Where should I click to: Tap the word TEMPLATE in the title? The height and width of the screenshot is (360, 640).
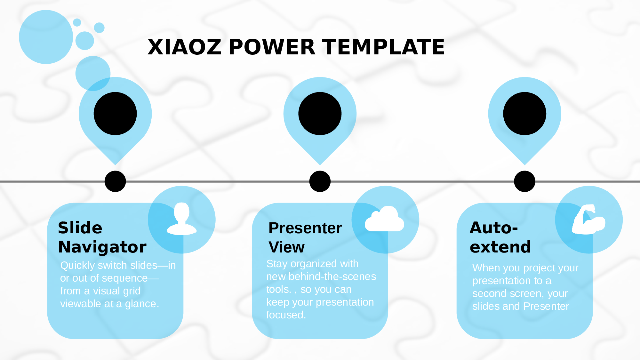click(x=383, y=47)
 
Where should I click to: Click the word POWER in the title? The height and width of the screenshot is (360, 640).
click(x=272, y=47)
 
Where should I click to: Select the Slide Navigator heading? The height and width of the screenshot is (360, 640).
click(x=102, y=237)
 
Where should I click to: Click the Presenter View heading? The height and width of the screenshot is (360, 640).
click(x=305, y=237)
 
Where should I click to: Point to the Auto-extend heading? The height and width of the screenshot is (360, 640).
click(x=500, y=237)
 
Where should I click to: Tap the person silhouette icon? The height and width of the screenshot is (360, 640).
click(x=182, y=219)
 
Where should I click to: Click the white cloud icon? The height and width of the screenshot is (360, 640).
click(x=385, y=219)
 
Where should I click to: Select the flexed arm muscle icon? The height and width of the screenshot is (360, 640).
click(x=588, y=220)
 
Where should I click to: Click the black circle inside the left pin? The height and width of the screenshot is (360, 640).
click(x=115, y=114)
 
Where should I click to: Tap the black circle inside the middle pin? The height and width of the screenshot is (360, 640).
click(x=320, y=114)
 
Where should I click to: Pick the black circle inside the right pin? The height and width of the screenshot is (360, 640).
click(x=524, y=114)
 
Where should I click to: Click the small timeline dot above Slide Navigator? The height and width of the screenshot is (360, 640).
click(x=115, y=181)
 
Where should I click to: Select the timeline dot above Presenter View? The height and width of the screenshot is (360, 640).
click(x=320, y=181)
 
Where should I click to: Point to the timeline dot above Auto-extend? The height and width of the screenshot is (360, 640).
click(x=524, y=181)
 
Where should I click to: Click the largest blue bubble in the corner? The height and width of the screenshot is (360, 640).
click(x=46, y=37)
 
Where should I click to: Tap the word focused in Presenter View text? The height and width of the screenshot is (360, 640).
click(x=286, y=315)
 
